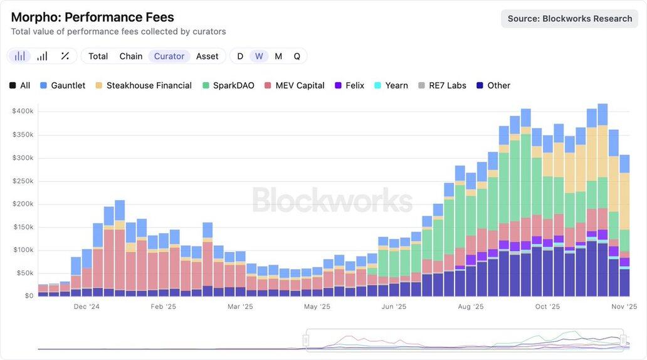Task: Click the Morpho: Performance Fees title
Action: tap(92, 17)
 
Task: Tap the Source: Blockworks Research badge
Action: tap(569, 18)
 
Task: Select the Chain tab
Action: tap(130, 56)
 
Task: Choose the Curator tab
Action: tap(169, 56)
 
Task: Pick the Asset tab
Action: tap(207, 56)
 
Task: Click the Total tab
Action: tap(98, 56)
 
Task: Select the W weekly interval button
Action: tap(259, 56)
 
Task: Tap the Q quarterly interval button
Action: tap(297, 56)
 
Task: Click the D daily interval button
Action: tap(240, 56)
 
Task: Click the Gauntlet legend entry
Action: tap(68, 85)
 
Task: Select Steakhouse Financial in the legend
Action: tap(149, 85)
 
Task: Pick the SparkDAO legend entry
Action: tap(233, 85)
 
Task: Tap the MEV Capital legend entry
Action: tap(300, 85)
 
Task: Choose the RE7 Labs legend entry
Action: tap(447, 85)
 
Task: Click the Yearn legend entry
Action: tap(396, 85)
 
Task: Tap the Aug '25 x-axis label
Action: tap(471, 307)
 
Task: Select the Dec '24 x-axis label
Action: tap(87, 307)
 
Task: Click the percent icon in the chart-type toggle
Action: tap(65, 56)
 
